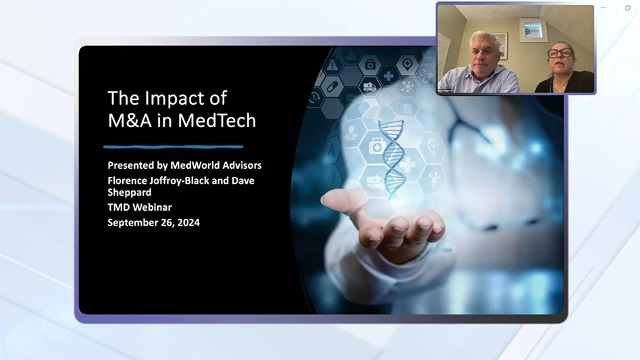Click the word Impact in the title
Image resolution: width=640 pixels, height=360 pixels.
coord(172,99)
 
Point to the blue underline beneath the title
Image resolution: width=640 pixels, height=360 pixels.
coord(173,146)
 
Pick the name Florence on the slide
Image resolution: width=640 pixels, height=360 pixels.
coord(129,180)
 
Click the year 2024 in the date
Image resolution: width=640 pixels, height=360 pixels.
coord(187,222)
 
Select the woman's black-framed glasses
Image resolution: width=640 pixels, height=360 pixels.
coord(560,53)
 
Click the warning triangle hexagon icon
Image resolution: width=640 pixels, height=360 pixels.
coord(333,66)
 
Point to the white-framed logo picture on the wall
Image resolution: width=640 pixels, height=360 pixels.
coord(533,30)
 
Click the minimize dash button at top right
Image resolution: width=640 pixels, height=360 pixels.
coord(604,8)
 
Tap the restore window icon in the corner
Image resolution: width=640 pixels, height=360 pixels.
coord(628,8)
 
